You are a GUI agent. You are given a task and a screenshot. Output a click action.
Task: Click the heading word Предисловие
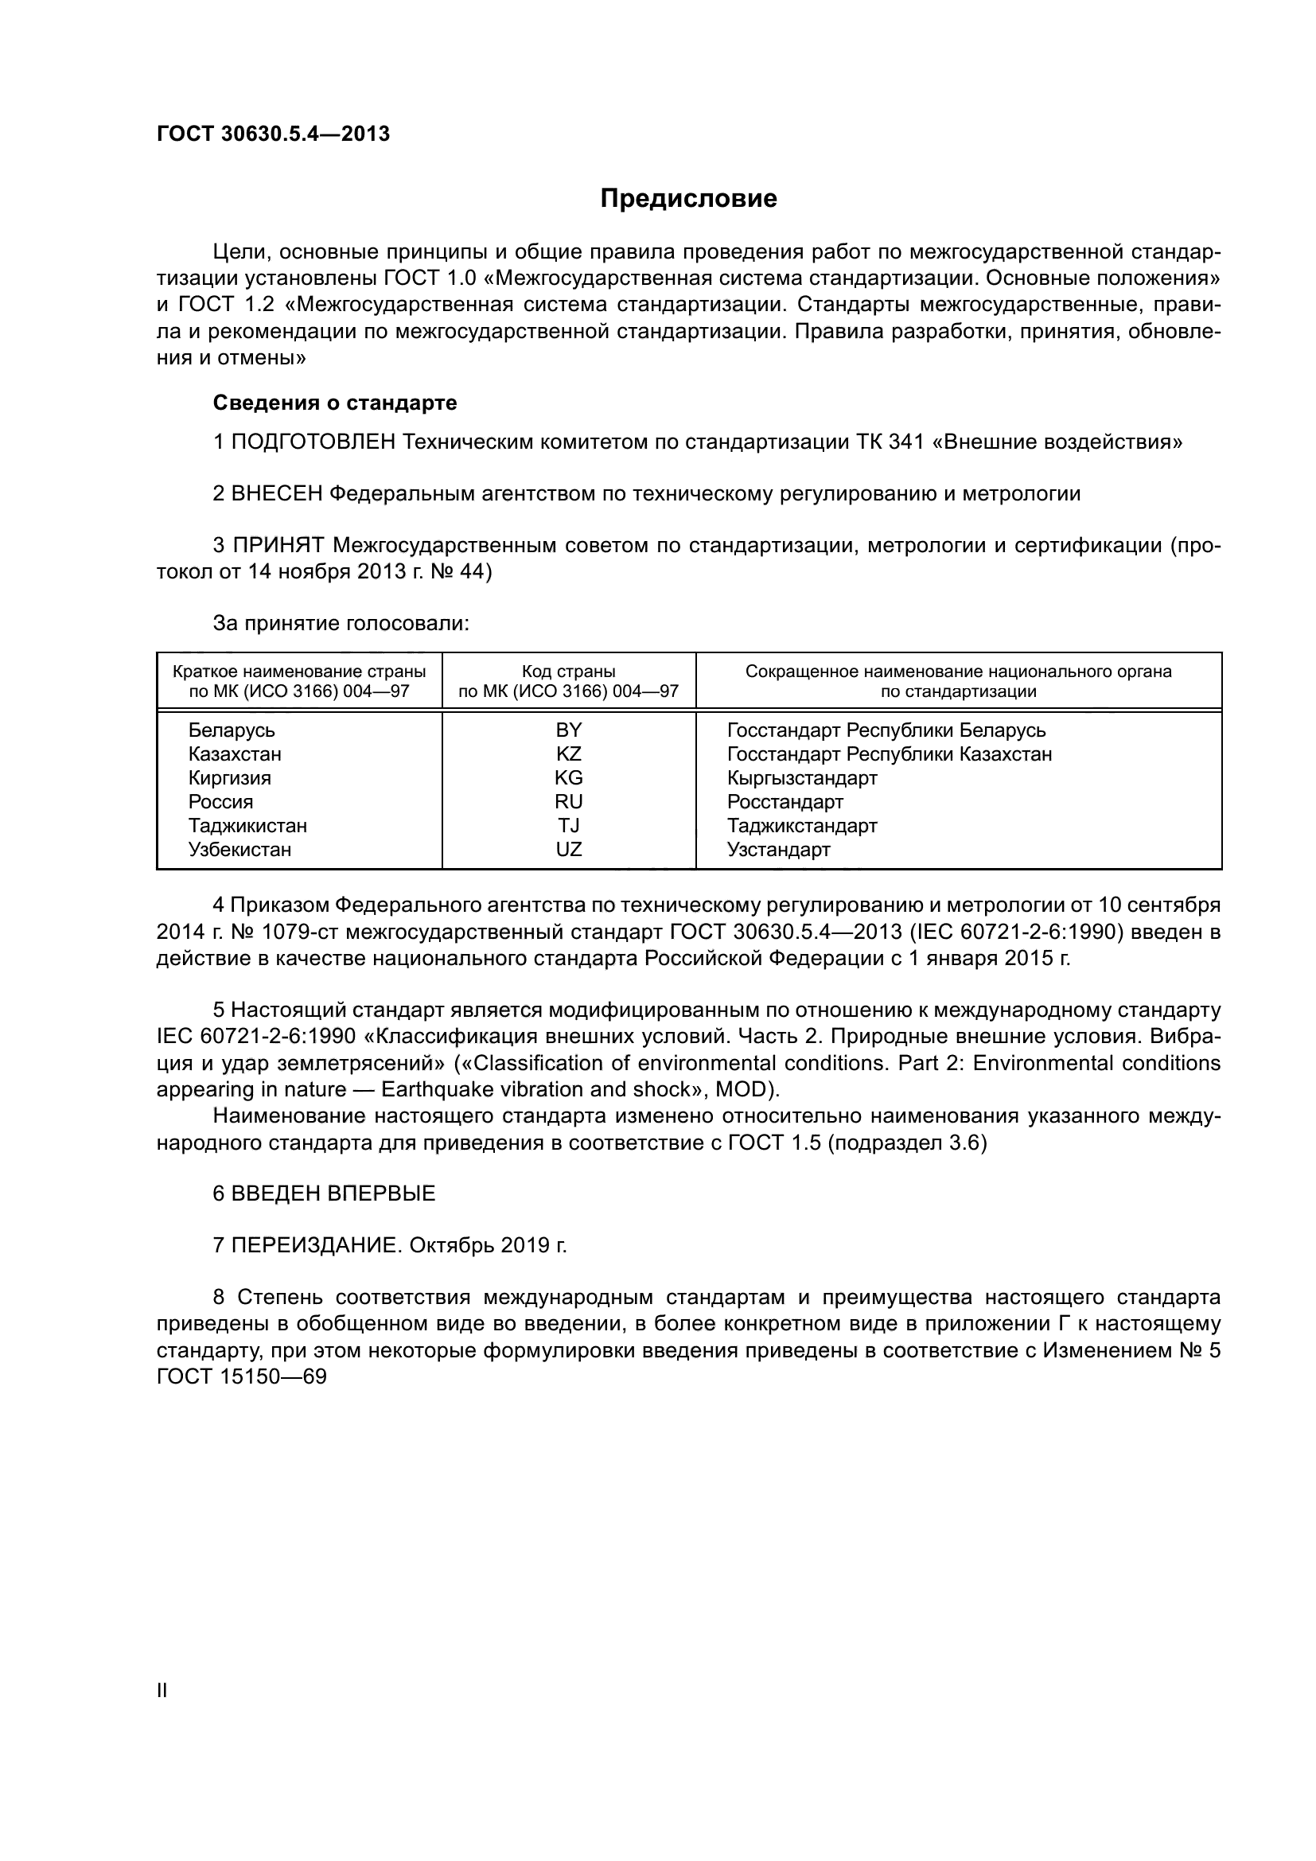[688, 199]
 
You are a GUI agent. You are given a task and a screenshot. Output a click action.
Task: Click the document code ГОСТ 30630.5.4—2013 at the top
[273, 134]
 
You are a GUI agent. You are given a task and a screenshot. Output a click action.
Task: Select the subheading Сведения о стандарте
[335, 403]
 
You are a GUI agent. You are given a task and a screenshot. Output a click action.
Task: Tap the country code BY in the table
[568, 730]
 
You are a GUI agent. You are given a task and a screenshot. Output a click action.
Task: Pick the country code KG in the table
[568, 778]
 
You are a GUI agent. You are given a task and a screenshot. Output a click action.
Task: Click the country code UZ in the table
[568, 850]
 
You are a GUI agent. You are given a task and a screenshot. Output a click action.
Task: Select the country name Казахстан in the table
[235, 754]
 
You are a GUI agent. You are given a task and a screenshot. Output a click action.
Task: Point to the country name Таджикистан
[247, 826]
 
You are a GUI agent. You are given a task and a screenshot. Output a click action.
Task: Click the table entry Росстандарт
[785, 803]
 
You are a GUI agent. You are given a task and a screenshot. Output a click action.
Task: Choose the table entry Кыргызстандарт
[801, 778]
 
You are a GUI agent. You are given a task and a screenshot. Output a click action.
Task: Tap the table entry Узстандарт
[778, 850]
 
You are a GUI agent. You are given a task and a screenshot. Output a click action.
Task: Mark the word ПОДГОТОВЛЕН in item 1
[313, 442]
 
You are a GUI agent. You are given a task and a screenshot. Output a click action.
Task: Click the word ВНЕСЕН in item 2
[277, 493]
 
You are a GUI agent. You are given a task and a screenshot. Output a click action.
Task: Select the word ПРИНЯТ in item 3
[278, 546]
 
